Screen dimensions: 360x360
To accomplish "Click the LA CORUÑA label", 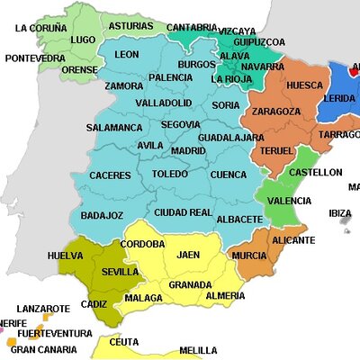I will click(x=41, y=28).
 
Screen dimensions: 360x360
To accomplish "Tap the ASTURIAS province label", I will click(x=130, y=26).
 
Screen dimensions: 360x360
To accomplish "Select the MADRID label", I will click(x=188, y=150).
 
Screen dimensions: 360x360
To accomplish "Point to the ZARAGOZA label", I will click(x=276, y=111).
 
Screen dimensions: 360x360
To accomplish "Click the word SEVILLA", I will click(x=121, y=271).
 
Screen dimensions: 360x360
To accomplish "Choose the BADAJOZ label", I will click(x=102, y=215).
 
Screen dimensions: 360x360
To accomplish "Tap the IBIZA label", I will click(x=340, y=213).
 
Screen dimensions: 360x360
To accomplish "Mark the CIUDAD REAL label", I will click(x=183, y=212).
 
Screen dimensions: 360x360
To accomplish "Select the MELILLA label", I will click(x=198, y=350).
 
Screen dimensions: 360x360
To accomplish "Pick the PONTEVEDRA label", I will click(x=34, y=58).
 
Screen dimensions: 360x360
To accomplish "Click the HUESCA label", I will click(x=303, y=85).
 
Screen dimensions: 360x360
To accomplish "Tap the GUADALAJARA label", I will click(x=230, y=137).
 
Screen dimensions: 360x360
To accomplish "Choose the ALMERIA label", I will click(x=224, y=295).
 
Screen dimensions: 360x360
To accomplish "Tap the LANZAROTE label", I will click(x=43, y=308).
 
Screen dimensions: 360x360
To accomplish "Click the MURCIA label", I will click(x=248, y=255).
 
